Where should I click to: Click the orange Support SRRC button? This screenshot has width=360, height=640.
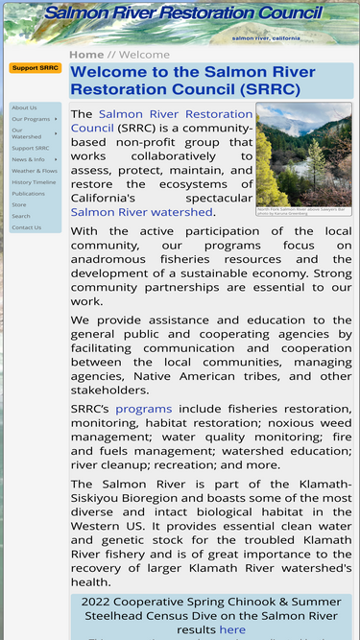click(x=36, y=68)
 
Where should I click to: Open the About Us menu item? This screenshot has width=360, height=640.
click(x=25, y=107)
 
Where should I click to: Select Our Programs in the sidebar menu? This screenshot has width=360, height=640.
click(x=31, y=119)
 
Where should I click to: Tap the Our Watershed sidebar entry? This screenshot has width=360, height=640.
click(x=27, y=133)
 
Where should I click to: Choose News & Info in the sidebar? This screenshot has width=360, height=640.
click(x=29, y=159)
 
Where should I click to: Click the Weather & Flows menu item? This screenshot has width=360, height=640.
click(x=35, y=171)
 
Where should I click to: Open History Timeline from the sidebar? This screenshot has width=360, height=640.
click(x=34, y=182)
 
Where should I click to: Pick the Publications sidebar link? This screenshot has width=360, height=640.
click(x=29, y=194)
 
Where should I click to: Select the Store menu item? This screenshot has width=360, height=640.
click(x=19, y=204)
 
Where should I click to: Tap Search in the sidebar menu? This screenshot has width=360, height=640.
click(x=21, y=216)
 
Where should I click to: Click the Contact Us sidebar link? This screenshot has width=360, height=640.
click(x=27, y=227)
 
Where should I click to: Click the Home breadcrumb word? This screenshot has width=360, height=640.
click(x=86, y=55)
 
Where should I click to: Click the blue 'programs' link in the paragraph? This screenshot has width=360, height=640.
click(x=144, y=409)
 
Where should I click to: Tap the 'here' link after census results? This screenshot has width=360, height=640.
click(x=232, y=629)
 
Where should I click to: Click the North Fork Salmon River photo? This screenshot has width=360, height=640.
click(x=303, y=154)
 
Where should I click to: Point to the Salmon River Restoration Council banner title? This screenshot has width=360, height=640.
click(x=183, y=13)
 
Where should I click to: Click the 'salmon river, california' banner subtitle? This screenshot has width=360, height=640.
click(x=266, y=38)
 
